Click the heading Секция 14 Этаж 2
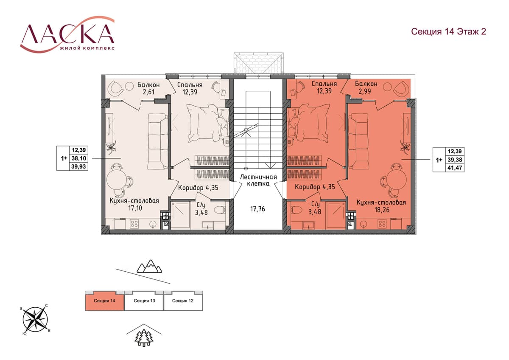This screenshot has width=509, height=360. [449, 31]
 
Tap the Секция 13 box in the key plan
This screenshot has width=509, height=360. [144, 301]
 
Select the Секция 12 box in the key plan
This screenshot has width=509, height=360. [183, 301]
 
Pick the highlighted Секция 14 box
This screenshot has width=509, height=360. [104, 301]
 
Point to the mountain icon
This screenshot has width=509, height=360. [149, 266]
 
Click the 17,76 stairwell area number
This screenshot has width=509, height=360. [257, 209]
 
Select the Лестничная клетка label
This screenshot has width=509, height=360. [258, 180]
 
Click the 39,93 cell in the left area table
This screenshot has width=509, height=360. [78, 166]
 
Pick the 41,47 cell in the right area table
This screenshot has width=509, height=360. [455, 168]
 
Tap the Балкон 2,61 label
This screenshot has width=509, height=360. [148, 88]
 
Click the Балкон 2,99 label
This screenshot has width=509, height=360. [366, 87]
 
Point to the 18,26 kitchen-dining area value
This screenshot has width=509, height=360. [382, 209]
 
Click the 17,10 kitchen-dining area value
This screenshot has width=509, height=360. [135, 208]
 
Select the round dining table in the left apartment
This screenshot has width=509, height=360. [116, 179]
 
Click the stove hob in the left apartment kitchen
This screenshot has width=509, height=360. [134, 223]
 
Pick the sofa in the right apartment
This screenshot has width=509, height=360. [358, 141]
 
